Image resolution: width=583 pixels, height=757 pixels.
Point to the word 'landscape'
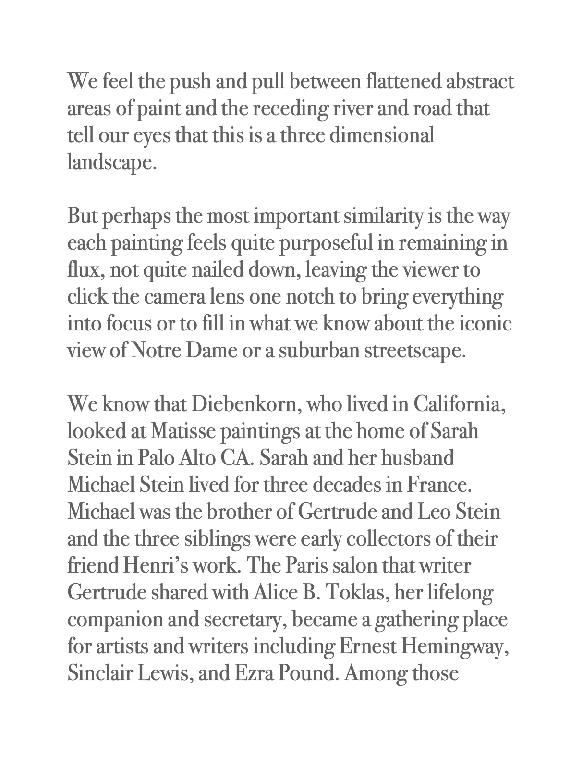[x=110, y=163]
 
